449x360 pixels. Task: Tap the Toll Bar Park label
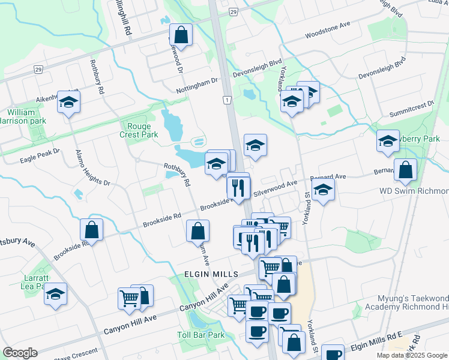pyautogui.click(x=200, y=335)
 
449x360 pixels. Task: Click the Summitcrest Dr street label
pyautogui.click(x=412, y=104)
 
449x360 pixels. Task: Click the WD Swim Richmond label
pyautogui.click(x=414, y=191)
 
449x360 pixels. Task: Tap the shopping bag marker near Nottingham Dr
pyautogui.click(x=181, y=35)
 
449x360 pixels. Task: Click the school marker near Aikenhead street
pyautogui.click(x=69, y=103)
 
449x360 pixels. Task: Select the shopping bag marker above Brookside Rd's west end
pyautogui.click(x=91, y=229)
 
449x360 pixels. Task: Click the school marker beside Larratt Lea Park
pyautogui.click(x=56, y=294)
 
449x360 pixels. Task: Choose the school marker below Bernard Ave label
pyautogui.click(x=324, y=190)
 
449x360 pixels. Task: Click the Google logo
pyautogui.click(x=20, y=353)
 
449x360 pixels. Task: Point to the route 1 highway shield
pyautogui.click(x=227, y=100)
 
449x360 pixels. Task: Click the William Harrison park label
pyautogui.click(x=26, y=116)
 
